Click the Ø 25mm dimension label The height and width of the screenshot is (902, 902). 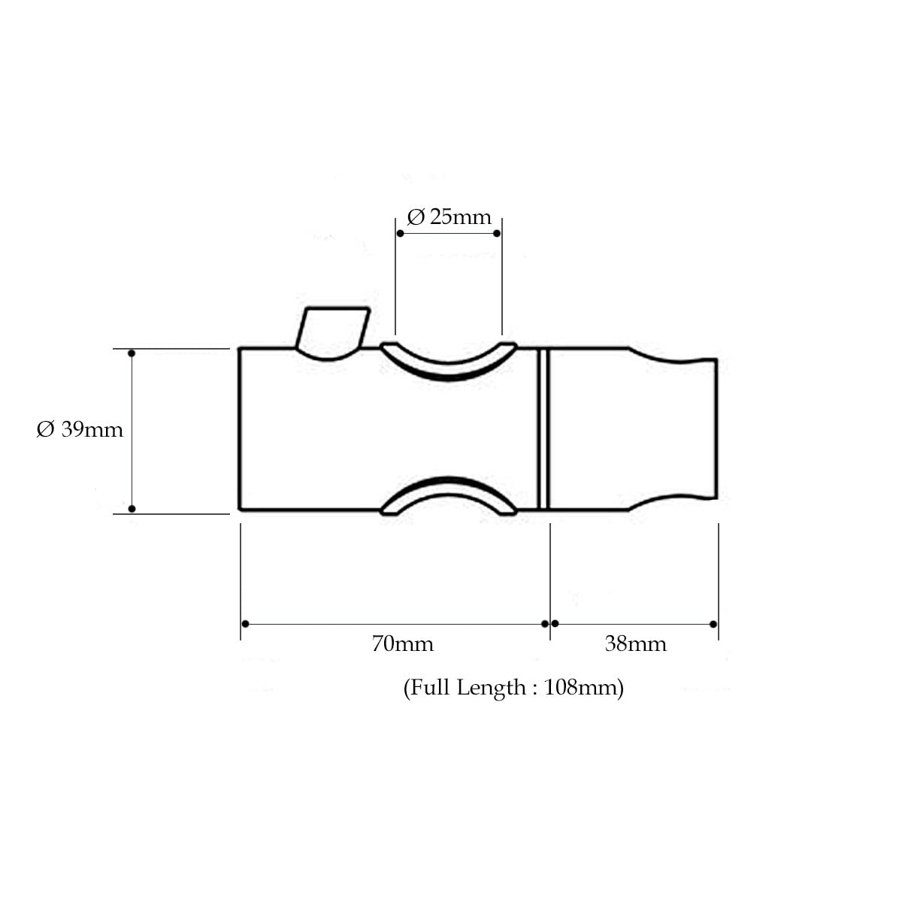coord(449,217)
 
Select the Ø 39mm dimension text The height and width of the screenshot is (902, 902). coord(80,429)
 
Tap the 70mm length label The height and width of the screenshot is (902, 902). coord(403,643)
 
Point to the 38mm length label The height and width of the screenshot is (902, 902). coord(635,643)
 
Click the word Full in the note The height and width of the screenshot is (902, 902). coord(430,687)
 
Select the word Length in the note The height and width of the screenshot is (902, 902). coord(491,688)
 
